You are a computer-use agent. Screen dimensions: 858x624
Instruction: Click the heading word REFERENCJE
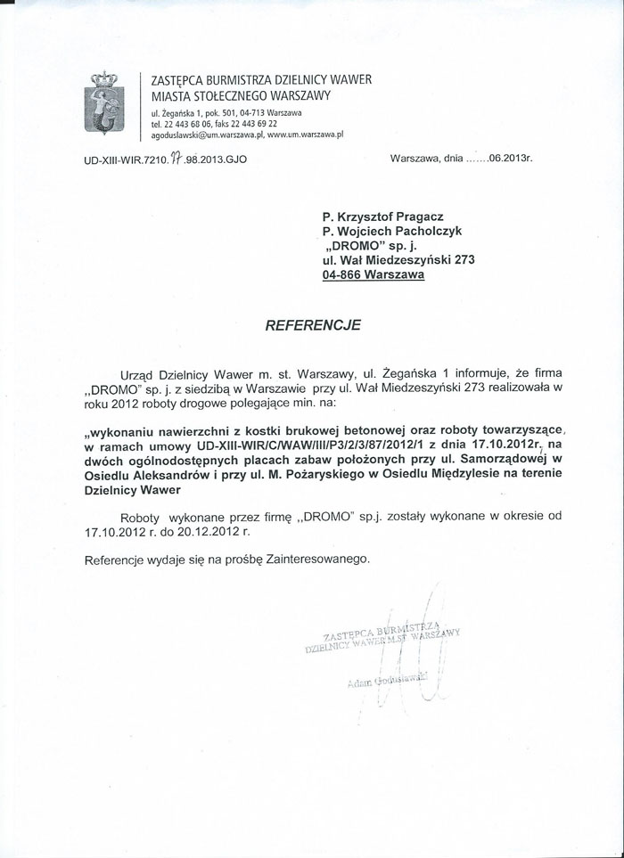pos(313,325)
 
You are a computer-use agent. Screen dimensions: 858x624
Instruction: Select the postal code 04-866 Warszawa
pos(374,275)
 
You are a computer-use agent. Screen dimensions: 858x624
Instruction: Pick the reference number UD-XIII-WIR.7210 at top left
pos(133,159)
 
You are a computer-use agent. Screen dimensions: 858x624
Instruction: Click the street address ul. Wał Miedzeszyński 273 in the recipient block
pos(399,260)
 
